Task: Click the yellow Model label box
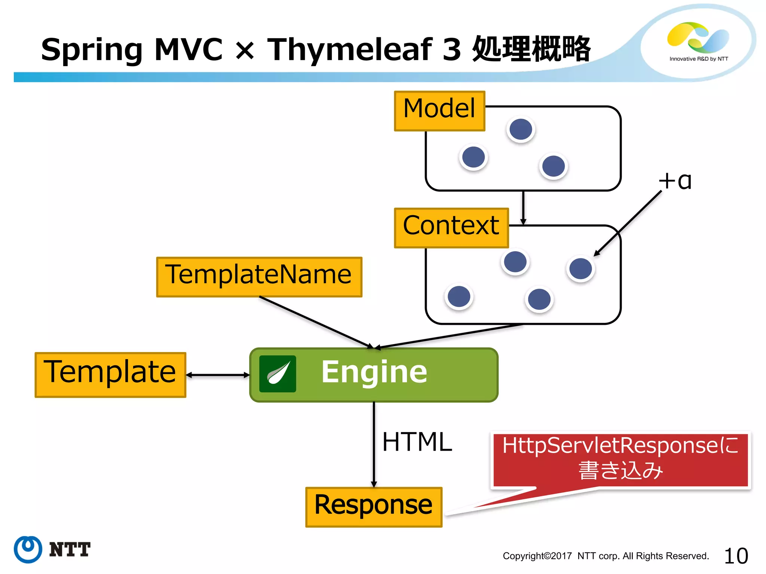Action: (439, 111)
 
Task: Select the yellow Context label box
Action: (451, 228)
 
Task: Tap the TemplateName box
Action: (259, 277)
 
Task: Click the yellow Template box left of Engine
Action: (110, 374)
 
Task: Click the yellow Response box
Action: (374, 507)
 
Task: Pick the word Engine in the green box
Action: (374, 372)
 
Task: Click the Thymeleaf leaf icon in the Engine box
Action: (278, 374)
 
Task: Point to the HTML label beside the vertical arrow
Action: (417, 442)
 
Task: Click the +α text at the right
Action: (675, 181)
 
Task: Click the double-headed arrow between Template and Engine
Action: (218, 375)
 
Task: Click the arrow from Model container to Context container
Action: (523, 207)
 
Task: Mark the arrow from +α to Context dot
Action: (628, 223)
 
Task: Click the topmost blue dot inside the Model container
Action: (521, 129)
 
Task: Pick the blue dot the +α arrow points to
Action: (580, 268)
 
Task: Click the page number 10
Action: (736, 556)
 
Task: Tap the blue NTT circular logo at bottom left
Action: (28, 549)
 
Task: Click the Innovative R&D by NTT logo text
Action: (699, 59)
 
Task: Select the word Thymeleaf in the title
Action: (349, 49)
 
